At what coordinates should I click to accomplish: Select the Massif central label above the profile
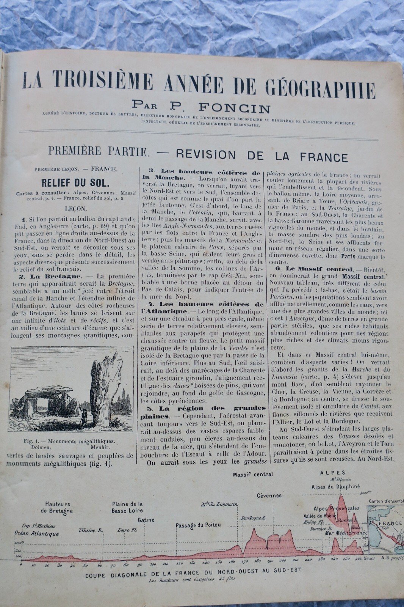253,474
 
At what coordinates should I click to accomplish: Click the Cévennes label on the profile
269,495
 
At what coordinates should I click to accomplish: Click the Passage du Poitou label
198,525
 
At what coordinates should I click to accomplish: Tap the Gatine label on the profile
146,520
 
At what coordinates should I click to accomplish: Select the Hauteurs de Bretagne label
58,508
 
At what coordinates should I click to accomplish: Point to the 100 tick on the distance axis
152,564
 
